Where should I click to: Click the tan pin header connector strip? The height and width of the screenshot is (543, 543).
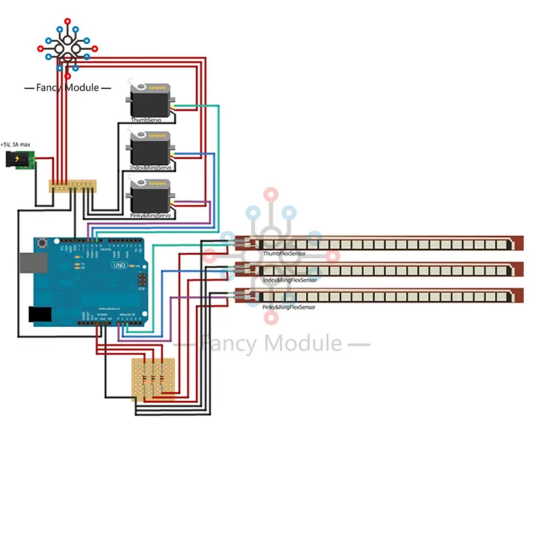pyautogui.click(x=73, y=185)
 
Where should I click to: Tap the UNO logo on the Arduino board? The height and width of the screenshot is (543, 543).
pyautogui.click(x=119, y=265)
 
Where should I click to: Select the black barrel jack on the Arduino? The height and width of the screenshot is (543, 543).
pyautogui.click(x=39, y=314)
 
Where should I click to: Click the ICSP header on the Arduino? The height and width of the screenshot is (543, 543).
pyautogui.click(x=142, y=280)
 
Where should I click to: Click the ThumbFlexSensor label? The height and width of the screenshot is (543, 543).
pyautogui.click(x=284, y=253)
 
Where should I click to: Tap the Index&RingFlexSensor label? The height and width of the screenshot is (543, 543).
pyautogui.click(x=291, y=280)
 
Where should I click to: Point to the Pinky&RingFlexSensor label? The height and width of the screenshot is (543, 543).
pyautogui.click(x=289, y=307)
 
